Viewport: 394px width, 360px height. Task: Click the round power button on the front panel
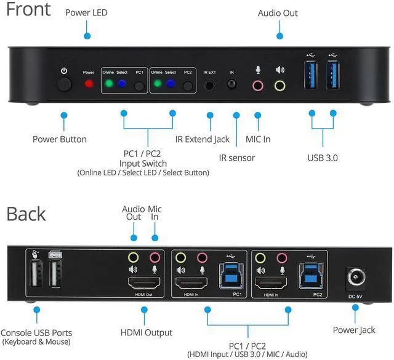click(64, 84)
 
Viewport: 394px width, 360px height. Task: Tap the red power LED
click(89, 84)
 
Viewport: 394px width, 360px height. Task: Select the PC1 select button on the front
click(140, 85)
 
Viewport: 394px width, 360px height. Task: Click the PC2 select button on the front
click(188, 85)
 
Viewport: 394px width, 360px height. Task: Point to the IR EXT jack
click(211, 84)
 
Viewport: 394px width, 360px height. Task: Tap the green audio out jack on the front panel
click(280, 85)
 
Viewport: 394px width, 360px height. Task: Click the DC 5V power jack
click(355, 278)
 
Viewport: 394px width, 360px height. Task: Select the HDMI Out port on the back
click(143, 284)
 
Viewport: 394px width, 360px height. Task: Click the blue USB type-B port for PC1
click(230, 274)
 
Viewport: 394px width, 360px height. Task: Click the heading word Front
click(29, 11)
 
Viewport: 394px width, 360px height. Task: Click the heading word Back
click(26, 214)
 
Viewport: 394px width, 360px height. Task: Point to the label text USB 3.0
click(323, 158)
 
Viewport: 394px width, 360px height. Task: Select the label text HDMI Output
click(146, 332)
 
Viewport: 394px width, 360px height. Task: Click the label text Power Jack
click(354, 330)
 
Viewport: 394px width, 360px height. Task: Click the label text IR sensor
click(236, 158)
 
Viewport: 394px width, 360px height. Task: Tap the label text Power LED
click(87, 12)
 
